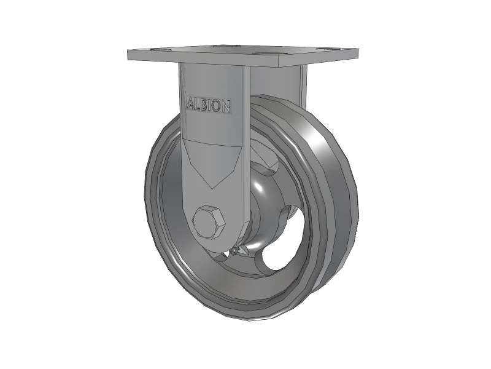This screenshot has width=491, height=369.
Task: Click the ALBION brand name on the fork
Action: (209, 105)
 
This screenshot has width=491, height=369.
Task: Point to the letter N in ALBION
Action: (226, 108)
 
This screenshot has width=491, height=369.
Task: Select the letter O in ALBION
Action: (218, 106)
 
